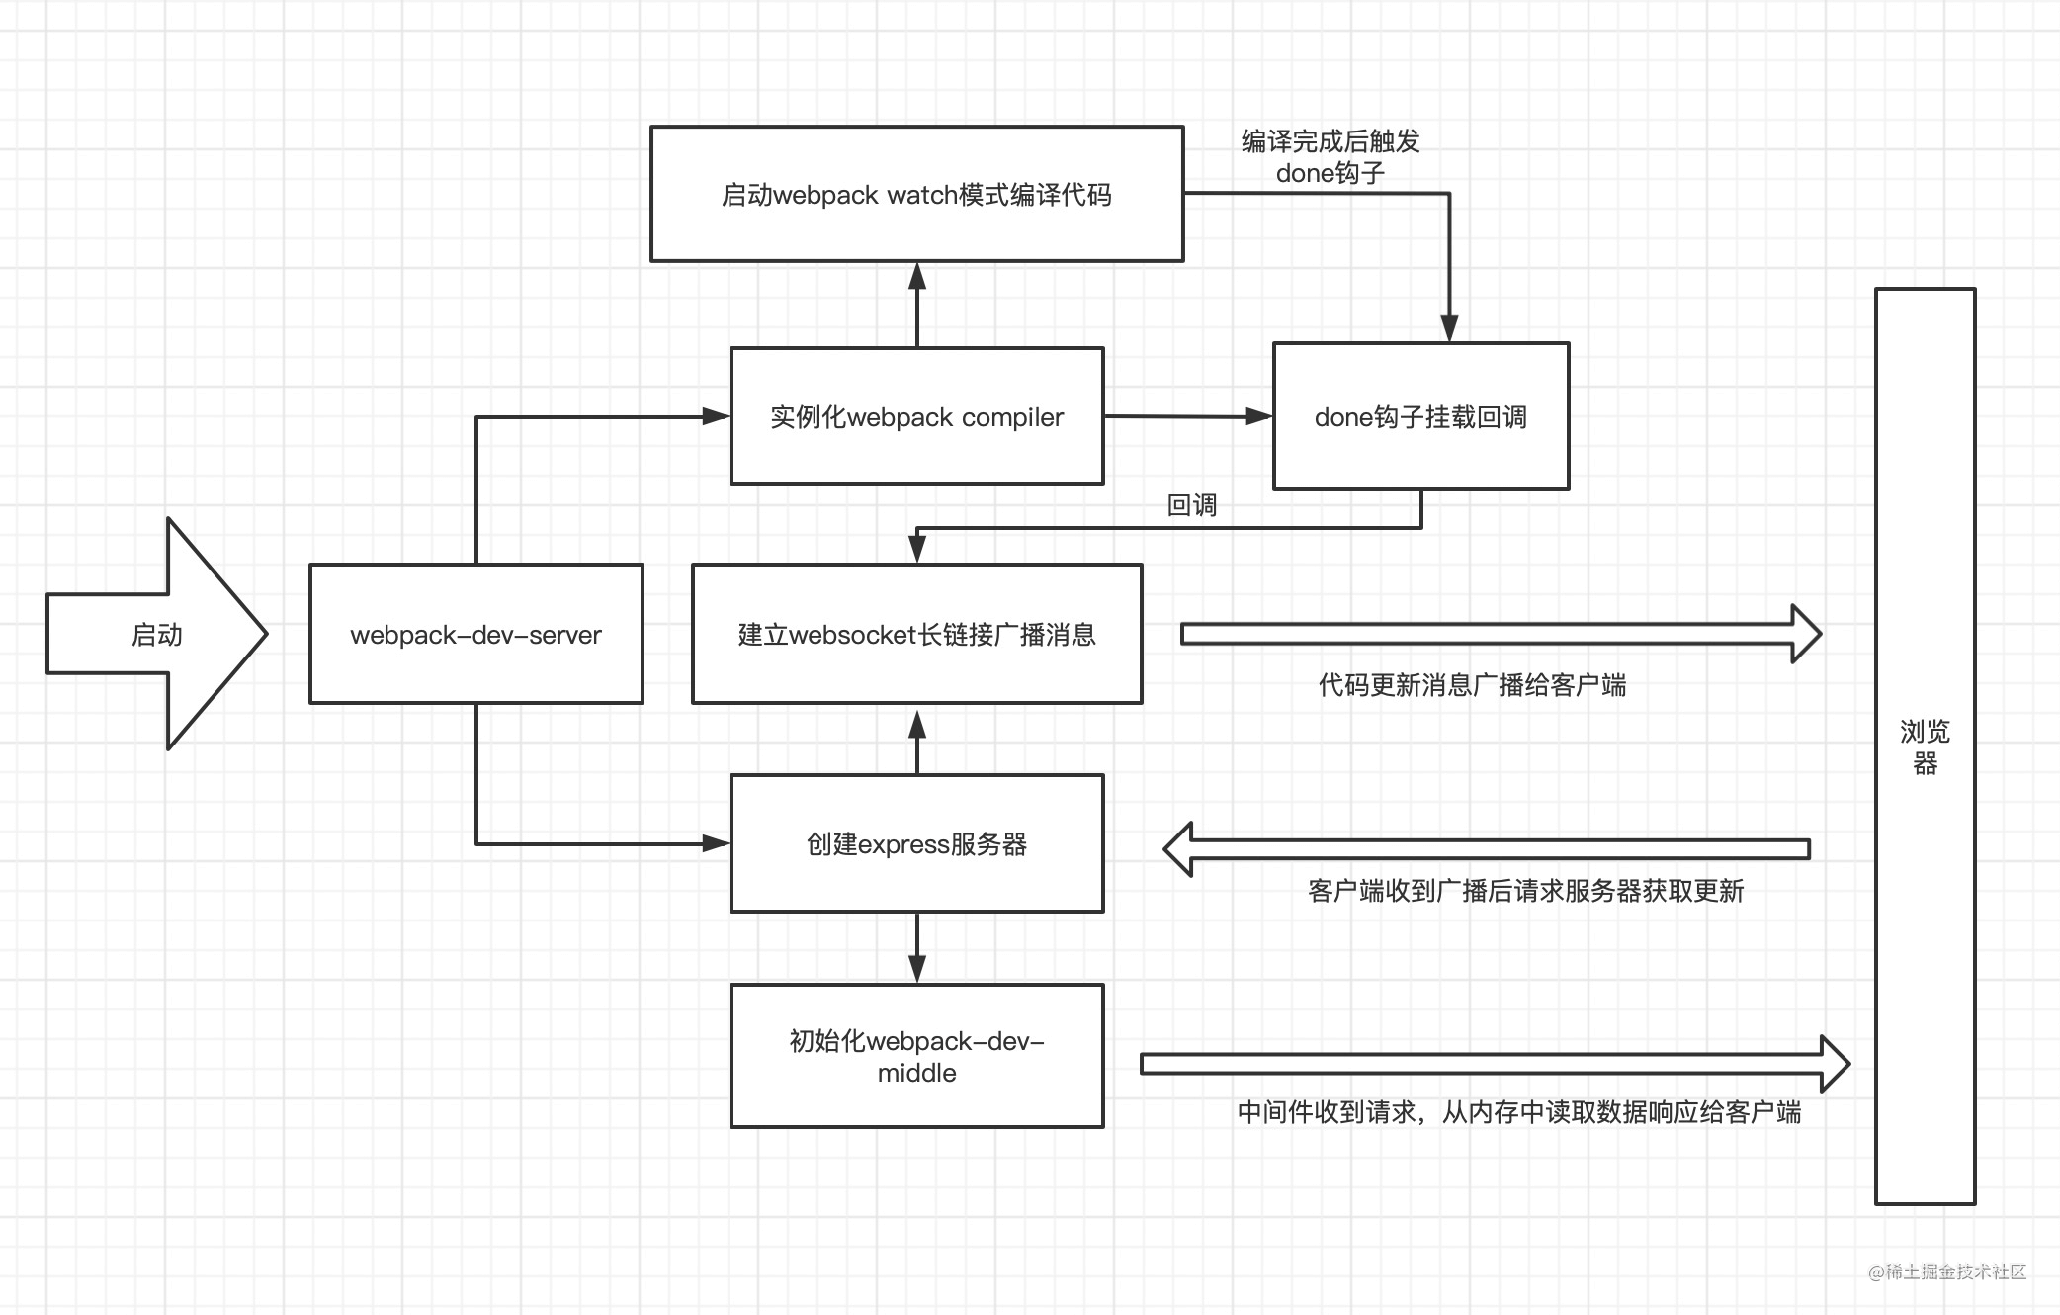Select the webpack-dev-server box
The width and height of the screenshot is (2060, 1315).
[475, 634]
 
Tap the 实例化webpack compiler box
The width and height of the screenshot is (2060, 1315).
[916, 416]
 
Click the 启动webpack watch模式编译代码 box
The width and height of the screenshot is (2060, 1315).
[916, 194]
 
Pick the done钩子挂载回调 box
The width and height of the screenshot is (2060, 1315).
[1420, 416]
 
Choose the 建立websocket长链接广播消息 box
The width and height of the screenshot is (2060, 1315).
[916, 634]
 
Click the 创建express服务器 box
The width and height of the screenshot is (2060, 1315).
[916, 843]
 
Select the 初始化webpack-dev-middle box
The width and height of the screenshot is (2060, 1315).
[916, 1056]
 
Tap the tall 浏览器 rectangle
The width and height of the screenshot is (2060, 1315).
[1925, 746]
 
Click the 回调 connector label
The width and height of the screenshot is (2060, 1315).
[1191, 505]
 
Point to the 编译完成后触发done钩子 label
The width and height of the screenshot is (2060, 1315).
[1330, 157]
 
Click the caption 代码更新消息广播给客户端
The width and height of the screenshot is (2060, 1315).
[1472, 684]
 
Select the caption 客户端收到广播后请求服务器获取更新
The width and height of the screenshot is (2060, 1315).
[1525, 891]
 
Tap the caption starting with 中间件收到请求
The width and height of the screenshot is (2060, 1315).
[1519, 1112]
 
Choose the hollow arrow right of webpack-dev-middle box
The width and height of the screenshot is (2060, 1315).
[1494, 1064]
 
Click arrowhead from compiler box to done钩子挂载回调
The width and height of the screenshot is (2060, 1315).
[1258, 416]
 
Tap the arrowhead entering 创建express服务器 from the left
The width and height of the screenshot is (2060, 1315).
[715, 843]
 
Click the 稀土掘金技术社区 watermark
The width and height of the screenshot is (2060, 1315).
[1946, 1271]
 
